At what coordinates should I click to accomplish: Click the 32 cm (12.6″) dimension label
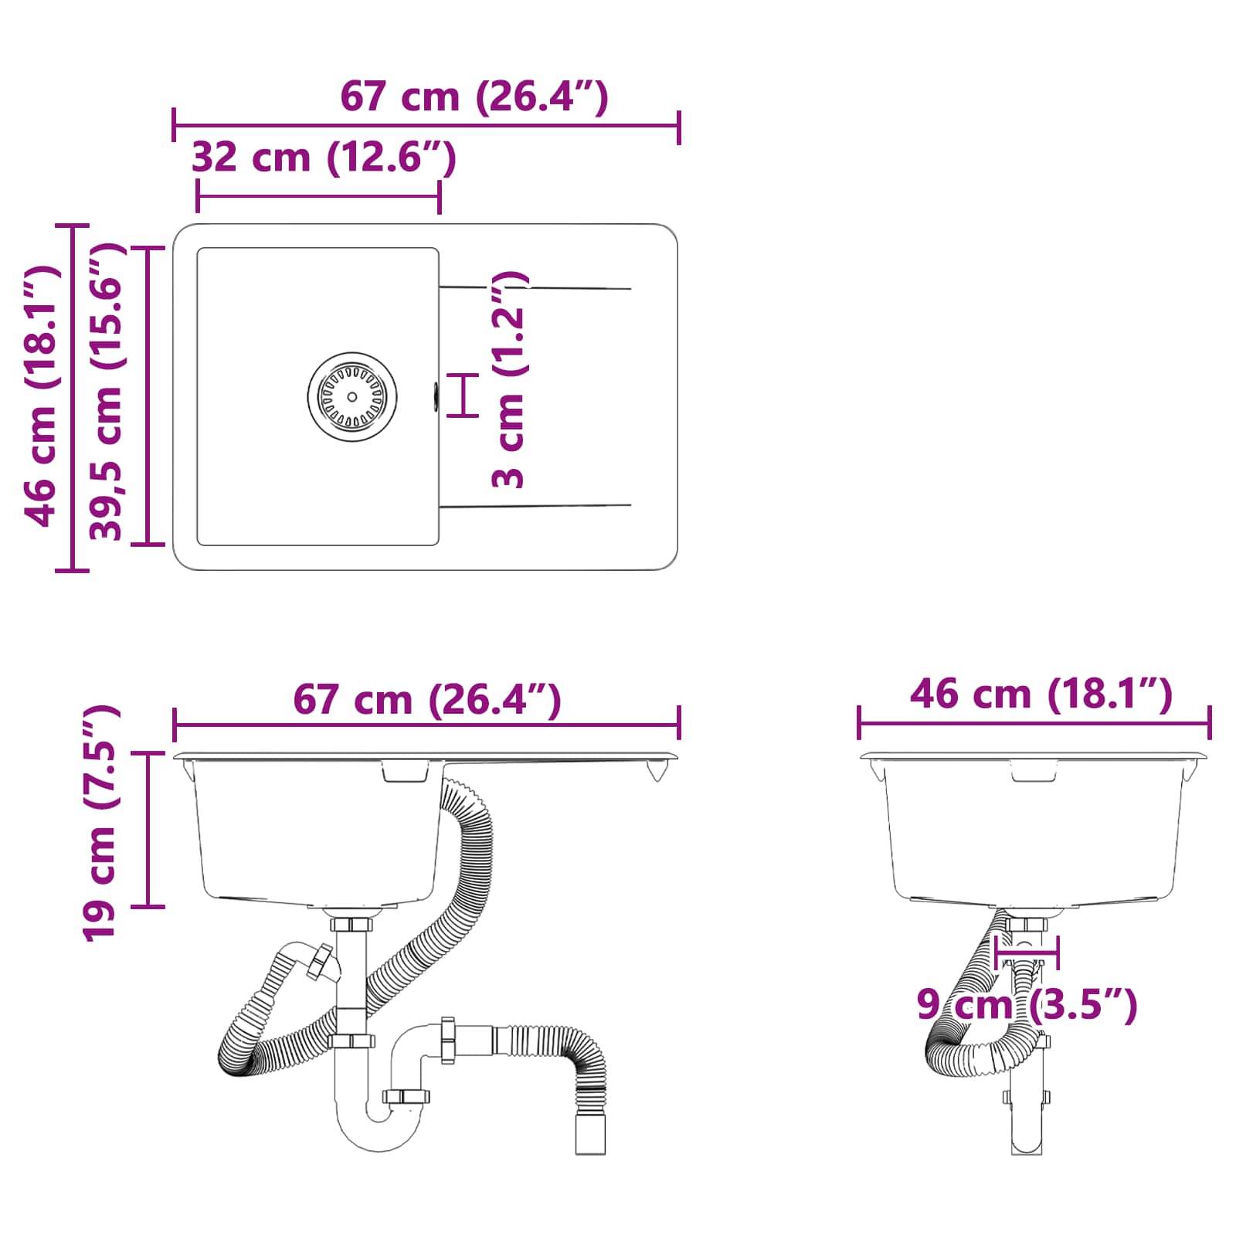[x=323, y=158]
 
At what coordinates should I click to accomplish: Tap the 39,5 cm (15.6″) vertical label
[x=107, y=392]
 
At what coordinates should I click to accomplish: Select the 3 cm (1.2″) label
[x=508, y=379]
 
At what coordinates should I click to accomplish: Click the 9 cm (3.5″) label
[x=1027, y=1005]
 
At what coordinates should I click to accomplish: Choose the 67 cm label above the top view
[x=474, y=97]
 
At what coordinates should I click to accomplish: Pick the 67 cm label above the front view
[x=426, y=700]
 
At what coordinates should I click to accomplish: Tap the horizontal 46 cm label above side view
[x=1041, y=694]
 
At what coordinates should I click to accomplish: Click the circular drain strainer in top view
[x=352, y=396]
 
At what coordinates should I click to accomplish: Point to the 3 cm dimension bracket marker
[x=463, y=395]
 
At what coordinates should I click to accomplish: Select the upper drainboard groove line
[x=535, y=288]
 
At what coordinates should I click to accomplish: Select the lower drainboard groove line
[x=535, y=507]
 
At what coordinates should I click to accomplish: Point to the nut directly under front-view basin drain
[x=351, y=924]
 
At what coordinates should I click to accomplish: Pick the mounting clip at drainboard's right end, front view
[x=657, y=771]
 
